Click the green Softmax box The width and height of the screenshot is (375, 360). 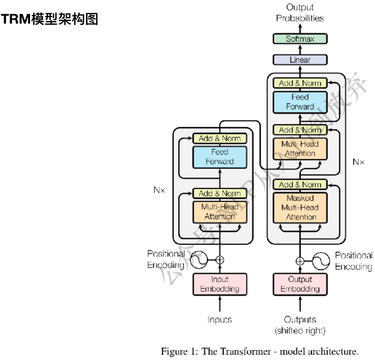300,39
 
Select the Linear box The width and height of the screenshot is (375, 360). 300,60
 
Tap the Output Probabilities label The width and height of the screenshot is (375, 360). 300,13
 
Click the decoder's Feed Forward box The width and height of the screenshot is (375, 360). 300,102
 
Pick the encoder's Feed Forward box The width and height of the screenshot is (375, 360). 220,157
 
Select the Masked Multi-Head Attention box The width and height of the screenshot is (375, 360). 300,208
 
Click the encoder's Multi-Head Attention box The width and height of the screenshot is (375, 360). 220,212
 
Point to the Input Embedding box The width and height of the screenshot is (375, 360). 220,284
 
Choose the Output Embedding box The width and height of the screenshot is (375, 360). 300,284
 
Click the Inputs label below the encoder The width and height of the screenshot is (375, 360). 220,320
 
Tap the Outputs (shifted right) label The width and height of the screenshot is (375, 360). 300,325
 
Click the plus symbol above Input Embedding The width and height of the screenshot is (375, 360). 220,259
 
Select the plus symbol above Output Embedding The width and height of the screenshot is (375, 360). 300,261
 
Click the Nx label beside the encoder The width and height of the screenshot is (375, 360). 159,190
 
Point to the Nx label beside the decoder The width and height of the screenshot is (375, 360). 358,162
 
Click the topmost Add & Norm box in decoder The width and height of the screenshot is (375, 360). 300,83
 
